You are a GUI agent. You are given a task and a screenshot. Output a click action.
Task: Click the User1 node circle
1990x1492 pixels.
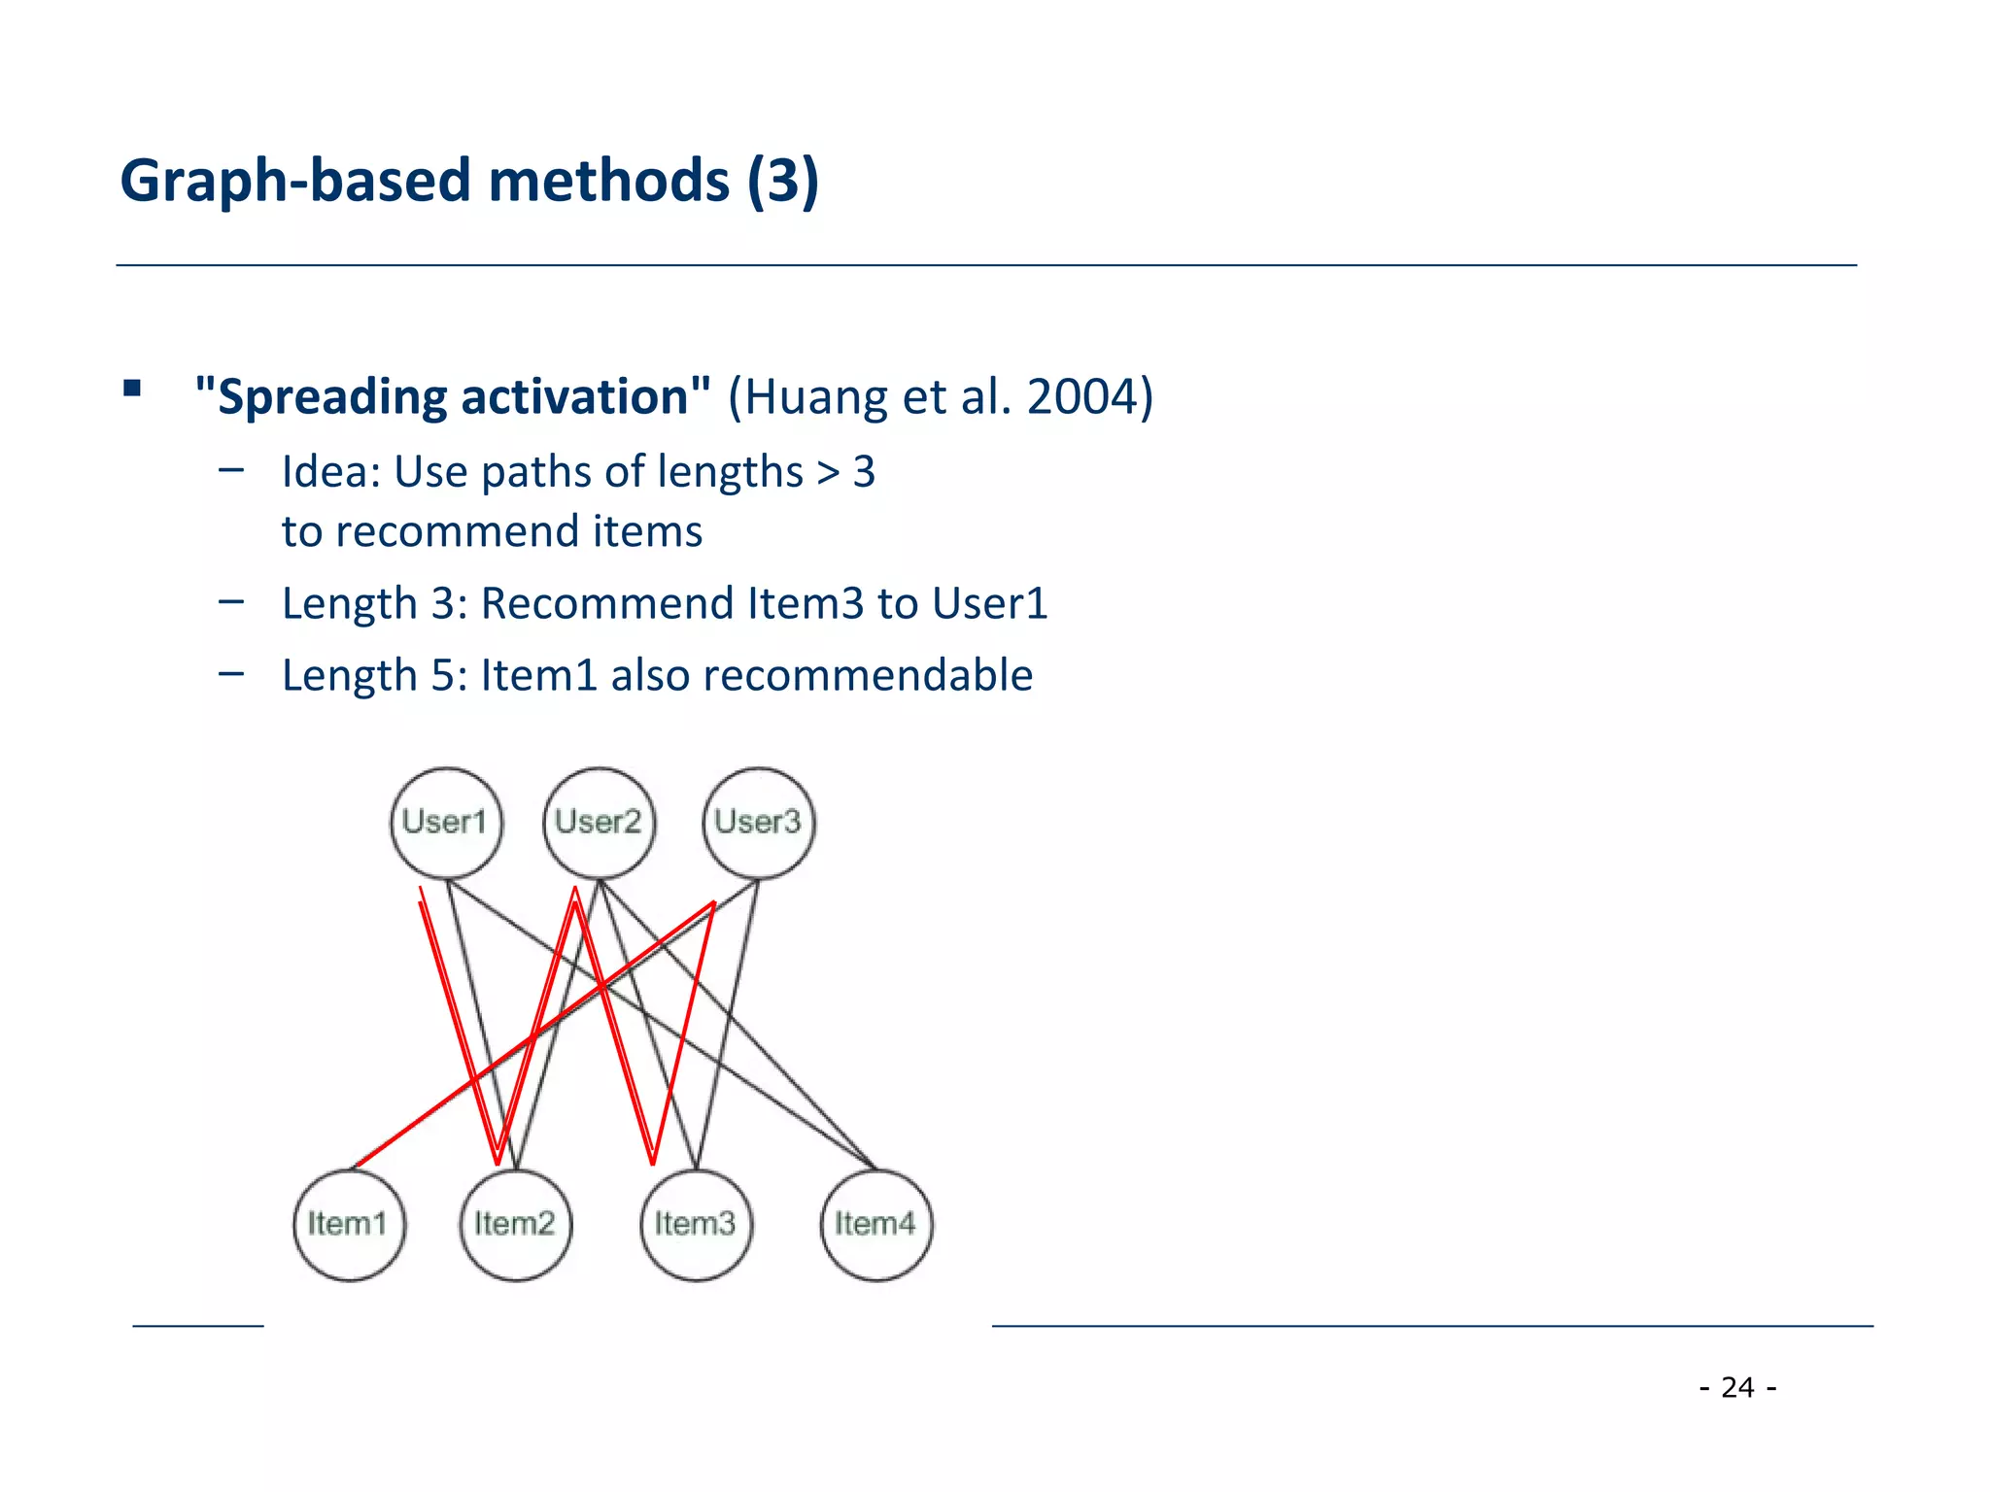(446, 823)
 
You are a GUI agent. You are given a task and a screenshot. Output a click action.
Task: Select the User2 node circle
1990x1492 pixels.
(599, 823)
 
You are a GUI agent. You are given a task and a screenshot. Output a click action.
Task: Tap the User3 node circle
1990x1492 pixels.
(758, 823)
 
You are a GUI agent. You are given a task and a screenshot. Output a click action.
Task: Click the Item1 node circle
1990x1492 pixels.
(349, 1224)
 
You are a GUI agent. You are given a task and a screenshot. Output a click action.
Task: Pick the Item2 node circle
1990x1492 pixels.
(515, 1224)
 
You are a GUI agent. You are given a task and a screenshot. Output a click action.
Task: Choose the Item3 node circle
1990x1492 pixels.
(696, 1224)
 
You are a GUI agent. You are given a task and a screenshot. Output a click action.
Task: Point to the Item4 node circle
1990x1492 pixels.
(875, 1224)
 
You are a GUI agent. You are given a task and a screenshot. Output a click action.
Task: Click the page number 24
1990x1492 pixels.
(1737, 1387)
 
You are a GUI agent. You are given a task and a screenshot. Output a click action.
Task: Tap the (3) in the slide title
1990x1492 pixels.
(783, 182)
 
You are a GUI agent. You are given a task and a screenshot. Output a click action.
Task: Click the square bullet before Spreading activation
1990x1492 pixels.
(132, 390)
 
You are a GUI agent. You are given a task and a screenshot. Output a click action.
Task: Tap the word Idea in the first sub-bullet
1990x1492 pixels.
(326, 472)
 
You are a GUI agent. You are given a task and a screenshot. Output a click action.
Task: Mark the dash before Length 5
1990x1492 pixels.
(231, 672)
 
